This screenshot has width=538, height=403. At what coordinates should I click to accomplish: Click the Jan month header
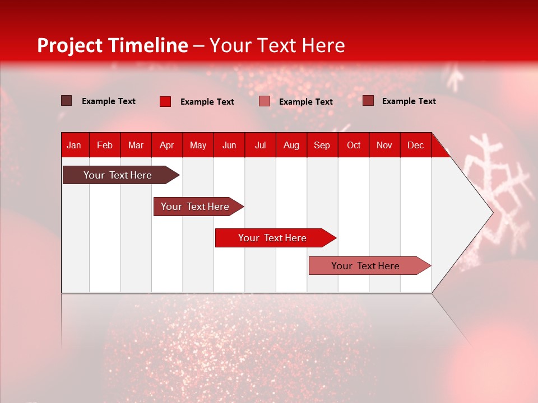[x=74, y=145]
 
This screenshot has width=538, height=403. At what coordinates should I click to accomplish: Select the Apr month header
[x=166, y=145]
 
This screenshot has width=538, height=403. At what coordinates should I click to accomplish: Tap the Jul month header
[x=260, y=145]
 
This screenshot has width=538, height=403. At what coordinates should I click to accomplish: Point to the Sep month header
[x=322, y=145]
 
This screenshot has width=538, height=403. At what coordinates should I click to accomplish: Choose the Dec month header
[x=415, y=145]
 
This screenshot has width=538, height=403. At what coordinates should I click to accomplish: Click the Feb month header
[x=105, y=145]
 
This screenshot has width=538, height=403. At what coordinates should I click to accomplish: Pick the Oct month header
[x=354, y=145]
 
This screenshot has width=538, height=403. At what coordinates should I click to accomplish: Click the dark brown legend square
[x=66, y=101]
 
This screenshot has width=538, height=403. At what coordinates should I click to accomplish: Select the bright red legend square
[x=165, y=101]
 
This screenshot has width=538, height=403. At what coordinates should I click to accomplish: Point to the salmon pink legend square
[x=265, y=101]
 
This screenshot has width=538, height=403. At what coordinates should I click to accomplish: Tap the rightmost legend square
[x=368, y=101]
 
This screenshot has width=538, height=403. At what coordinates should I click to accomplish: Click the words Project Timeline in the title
[x=113, y=45]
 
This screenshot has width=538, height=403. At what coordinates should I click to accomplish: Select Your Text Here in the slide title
[x=277, y=45]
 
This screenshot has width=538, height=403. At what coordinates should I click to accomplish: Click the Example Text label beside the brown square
[x=109, y=101]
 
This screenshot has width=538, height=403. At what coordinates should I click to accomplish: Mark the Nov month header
[x=384, y=145]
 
